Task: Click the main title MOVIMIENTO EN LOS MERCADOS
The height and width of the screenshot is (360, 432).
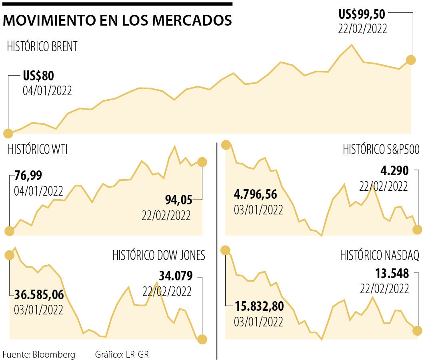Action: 117,20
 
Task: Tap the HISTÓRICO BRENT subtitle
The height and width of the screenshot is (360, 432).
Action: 42,47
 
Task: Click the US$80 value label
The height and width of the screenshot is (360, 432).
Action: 38,76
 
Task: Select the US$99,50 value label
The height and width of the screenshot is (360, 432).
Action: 362,15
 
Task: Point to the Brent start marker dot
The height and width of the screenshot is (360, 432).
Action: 8,133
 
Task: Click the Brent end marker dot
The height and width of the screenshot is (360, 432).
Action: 411,60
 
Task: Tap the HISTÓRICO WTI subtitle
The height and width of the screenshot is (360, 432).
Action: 38,150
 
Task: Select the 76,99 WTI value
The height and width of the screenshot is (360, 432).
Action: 28,176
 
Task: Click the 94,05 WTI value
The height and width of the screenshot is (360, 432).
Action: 178,199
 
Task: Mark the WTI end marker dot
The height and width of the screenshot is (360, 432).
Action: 202,162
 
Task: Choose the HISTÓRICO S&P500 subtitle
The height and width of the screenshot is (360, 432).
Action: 381,150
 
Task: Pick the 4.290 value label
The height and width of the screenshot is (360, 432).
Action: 394,172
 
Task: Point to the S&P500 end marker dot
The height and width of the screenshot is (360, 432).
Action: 417,230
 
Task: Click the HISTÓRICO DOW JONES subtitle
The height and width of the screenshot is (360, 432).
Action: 159,255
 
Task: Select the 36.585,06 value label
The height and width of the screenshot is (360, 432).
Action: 39,295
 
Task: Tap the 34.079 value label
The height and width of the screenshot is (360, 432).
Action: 176,276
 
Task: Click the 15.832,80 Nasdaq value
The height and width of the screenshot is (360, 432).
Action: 259,307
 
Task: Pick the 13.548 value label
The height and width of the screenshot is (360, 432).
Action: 392,274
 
